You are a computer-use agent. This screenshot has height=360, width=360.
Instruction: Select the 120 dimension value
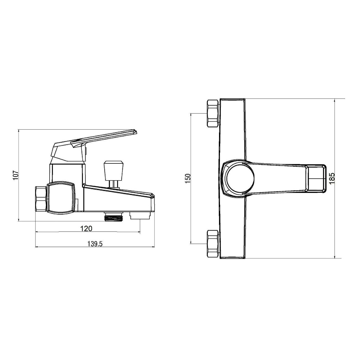point(86,228)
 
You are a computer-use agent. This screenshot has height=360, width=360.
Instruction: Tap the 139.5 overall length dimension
point(95,244)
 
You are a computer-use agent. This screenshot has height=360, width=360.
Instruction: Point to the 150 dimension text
point(188,179)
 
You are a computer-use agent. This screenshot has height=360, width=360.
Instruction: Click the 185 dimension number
point(332,179)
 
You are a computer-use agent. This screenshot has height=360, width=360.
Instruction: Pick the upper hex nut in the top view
point(212,113)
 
